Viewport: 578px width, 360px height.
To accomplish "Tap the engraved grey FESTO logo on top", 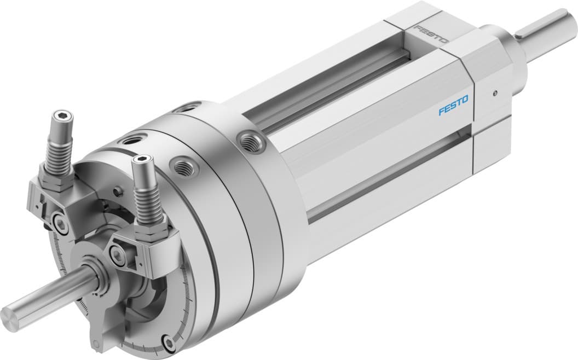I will point(431,34).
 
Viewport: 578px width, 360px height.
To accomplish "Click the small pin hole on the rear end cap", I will point(495,93).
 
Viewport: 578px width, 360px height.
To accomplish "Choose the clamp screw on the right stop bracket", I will point(115,253).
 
